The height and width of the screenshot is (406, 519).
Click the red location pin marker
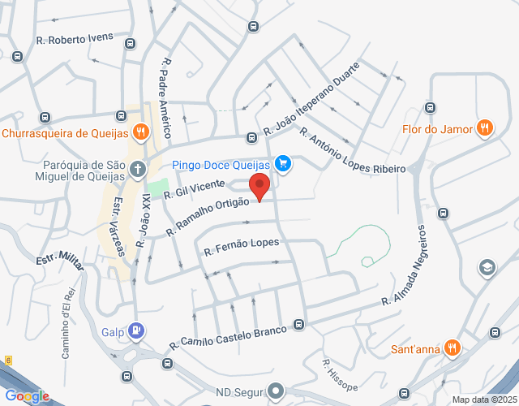[x=259, y=186]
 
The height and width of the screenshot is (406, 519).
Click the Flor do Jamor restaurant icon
[x=484, y=127]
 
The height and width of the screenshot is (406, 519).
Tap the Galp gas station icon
[x=138, y=331]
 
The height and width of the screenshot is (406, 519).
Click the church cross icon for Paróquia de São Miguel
[x=138, y=171]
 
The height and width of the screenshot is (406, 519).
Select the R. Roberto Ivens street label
[x=74, y=39]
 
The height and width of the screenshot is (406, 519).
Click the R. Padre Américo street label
[x=167, y=97]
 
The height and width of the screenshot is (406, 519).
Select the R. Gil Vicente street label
[x=194, y=188]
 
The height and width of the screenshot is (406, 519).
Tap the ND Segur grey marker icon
[x=276, y=391]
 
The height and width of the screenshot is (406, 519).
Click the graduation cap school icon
[x=487, y=267]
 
